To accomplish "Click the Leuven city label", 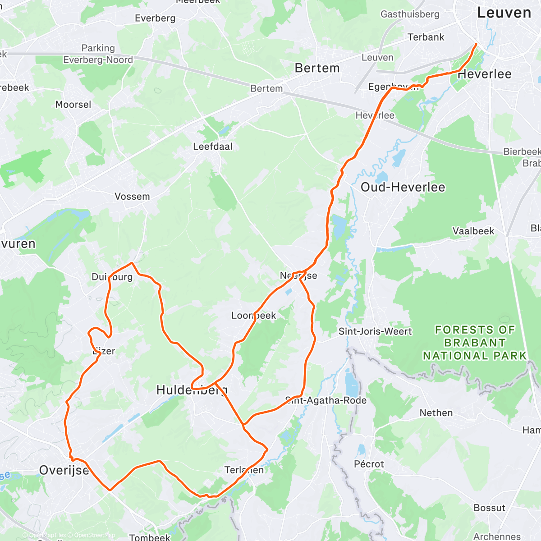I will [x=504, y=13].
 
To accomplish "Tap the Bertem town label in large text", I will [x=317, y=68].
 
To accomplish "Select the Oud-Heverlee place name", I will [x=403, y=187].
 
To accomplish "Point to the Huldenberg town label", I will [x=192, y=390].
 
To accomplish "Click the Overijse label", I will [x=64, y=470].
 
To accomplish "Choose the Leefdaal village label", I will [x=213, y=147].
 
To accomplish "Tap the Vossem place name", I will [x=132, y=197].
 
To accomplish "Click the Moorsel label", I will [x=73, y=105].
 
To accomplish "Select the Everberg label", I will [x=155, y=18].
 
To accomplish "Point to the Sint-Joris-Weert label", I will [x=375, y=332].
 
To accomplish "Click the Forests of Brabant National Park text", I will [x=474, y=343].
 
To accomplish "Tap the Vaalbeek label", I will [x=473, y=231].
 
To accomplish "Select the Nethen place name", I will [x=436, y=413].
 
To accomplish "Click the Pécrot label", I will [x=369, y=464].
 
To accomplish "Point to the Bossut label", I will [x=489, y=508].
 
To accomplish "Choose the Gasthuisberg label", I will [x=410, y=14].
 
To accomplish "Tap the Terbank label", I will [x=426, y=37].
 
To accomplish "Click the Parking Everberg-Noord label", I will [x=98, y=54].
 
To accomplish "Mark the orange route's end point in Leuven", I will [x=476, y=44].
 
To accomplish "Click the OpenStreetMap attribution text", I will [x=95, y=535].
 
